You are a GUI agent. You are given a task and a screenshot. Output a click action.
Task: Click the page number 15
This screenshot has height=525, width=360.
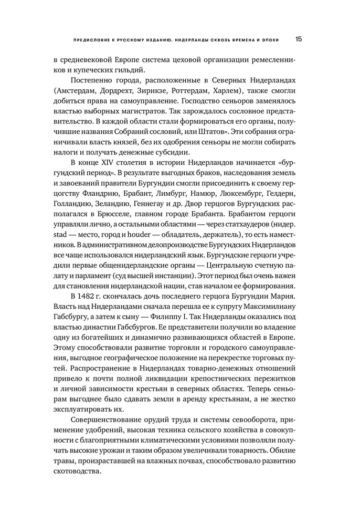299,39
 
